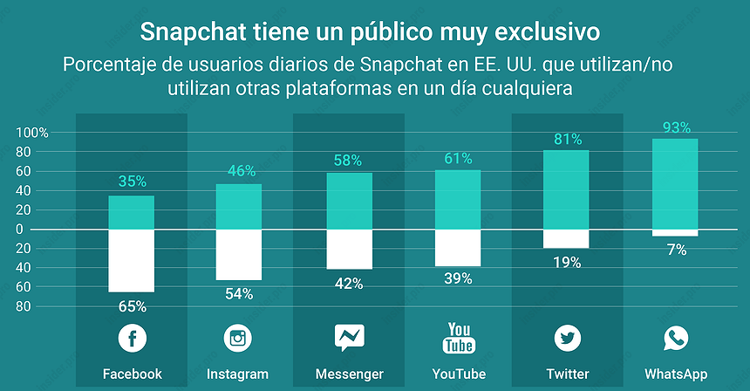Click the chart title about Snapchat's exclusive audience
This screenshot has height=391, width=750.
(371, 32)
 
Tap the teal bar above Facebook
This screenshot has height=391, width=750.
(132, 212)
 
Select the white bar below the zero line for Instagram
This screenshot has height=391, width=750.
(239, 254)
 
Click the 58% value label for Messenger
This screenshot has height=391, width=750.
(349, 161)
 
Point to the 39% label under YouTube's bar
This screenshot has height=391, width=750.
(457, 278)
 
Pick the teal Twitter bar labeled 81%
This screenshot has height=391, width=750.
(566, 189)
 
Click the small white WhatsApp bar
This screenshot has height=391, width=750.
(676, 232)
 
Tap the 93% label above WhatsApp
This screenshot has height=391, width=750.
(676, 127)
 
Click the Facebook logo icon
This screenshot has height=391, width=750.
(132, 338)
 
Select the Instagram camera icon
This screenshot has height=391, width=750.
(239, 338)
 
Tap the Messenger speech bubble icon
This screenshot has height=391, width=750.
(349, 338)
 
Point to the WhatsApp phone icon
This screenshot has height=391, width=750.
(676, 338)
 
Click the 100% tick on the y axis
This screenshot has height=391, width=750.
(33, 133)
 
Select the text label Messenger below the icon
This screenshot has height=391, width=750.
(349, 374)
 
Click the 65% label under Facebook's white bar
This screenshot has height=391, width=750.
(132, 306)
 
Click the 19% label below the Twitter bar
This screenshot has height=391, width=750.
(566, 262)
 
